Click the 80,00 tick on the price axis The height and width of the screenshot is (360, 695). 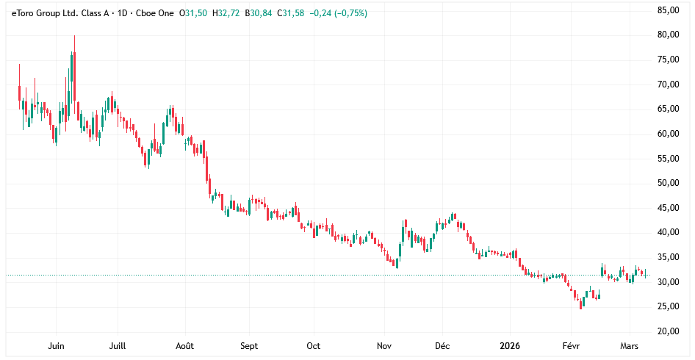(667, 35)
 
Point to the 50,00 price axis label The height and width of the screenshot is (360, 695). (667, 183)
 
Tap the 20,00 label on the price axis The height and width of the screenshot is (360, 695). (667, 331)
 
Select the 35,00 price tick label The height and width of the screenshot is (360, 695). (667, 257)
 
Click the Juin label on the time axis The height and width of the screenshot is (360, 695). (56, 345)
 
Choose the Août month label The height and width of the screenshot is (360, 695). (186, 345)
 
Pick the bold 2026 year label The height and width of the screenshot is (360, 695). (510, 345)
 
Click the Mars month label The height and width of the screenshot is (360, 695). (630, 345)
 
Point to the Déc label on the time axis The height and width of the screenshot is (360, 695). (442, 345)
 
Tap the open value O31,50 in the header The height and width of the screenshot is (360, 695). (193, 13)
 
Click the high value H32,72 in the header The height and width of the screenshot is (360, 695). (226, 13)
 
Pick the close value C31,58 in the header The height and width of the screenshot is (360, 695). (291, 13)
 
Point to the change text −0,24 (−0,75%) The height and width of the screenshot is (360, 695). (339, 13)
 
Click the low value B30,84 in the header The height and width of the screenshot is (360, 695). (259, 13)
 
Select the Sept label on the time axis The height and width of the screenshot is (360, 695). (249, 345)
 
